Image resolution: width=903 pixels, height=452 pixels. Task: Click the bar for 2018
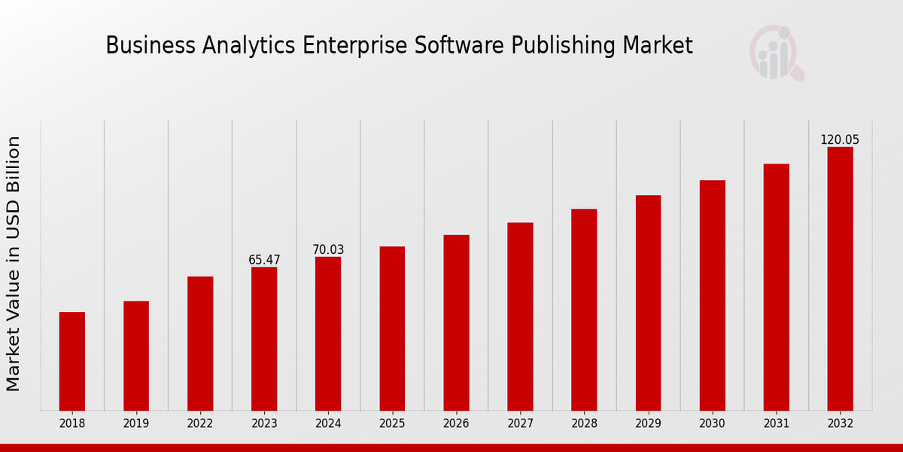click(x=72, y=361)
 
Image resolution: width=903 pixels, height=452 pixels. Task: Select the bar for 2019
click(x=136, y=356)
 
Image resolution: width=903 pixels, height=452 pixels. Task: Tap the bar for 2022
click(x=200, y=344)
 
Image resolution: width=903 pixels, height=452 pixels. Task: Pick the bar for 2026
click(x=456, y=322)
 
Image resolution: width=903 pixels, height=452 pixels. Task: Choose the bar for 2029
click(x=648, y=303)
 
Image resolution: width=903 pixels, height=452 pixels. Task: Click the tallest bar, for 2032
click(x=840, y=279)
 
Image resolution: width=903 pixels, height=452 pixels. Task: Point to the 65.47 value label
click(x=264, y=260)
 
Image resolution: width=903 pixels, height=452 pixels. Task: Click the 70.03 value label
click(x=328, y=249)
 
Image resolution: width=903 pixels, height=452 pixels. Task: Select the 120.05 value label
click(x=840, y=139)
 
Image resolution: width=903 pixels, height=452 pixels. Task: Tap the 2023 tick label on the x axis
click(x=264, y=424)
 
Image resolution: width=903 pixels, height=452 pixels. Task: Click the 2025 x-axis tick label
click(x=392, y=424)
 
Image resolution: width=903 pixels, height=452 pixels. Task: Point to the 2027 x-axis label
click(x=520, y=424)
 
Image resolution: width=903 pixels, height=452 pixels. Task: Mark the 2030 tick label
click(x=712, y=424)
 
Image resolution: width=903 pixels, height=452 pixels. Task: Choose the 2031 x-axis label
click(x=776, y=424)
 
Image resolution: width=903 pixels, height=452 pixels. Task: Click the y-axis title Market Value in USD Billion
click(x=14, y=264)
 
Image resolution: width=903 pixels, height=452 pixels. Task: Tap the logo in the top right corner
click(x=776, y=53)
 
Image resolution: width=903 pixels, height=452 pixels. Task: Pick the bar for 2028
click(x=584, y=310)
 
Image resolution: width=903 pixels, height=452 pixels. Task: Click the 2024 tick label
click(x=328, y=424)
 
